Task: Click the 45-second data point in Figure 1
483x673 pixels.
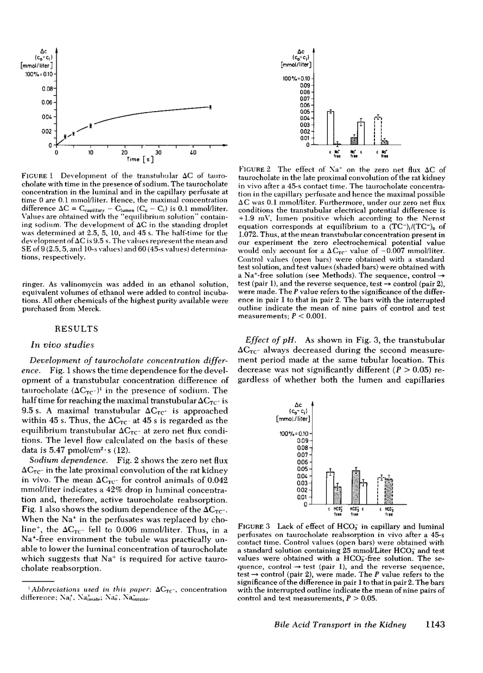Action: [210, 106]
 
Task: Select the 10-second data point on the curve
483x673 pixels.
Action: [91, 125]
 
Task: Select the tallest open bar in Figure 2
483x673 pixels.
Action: [331, 128]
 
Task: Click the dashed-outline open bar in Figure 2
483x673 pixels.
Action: [378, 131]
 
